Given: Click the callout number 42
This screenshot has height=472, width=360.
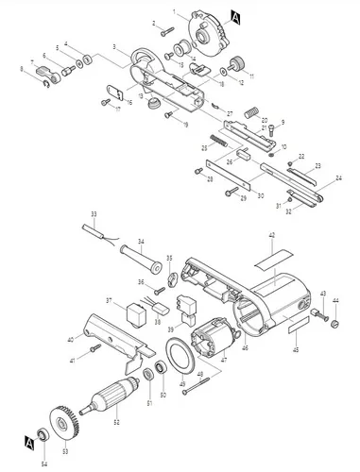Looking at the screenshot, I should (x=270, y=234).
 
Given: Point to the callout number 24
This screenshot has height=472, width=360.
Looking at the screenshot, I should (x=338, y=177).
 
